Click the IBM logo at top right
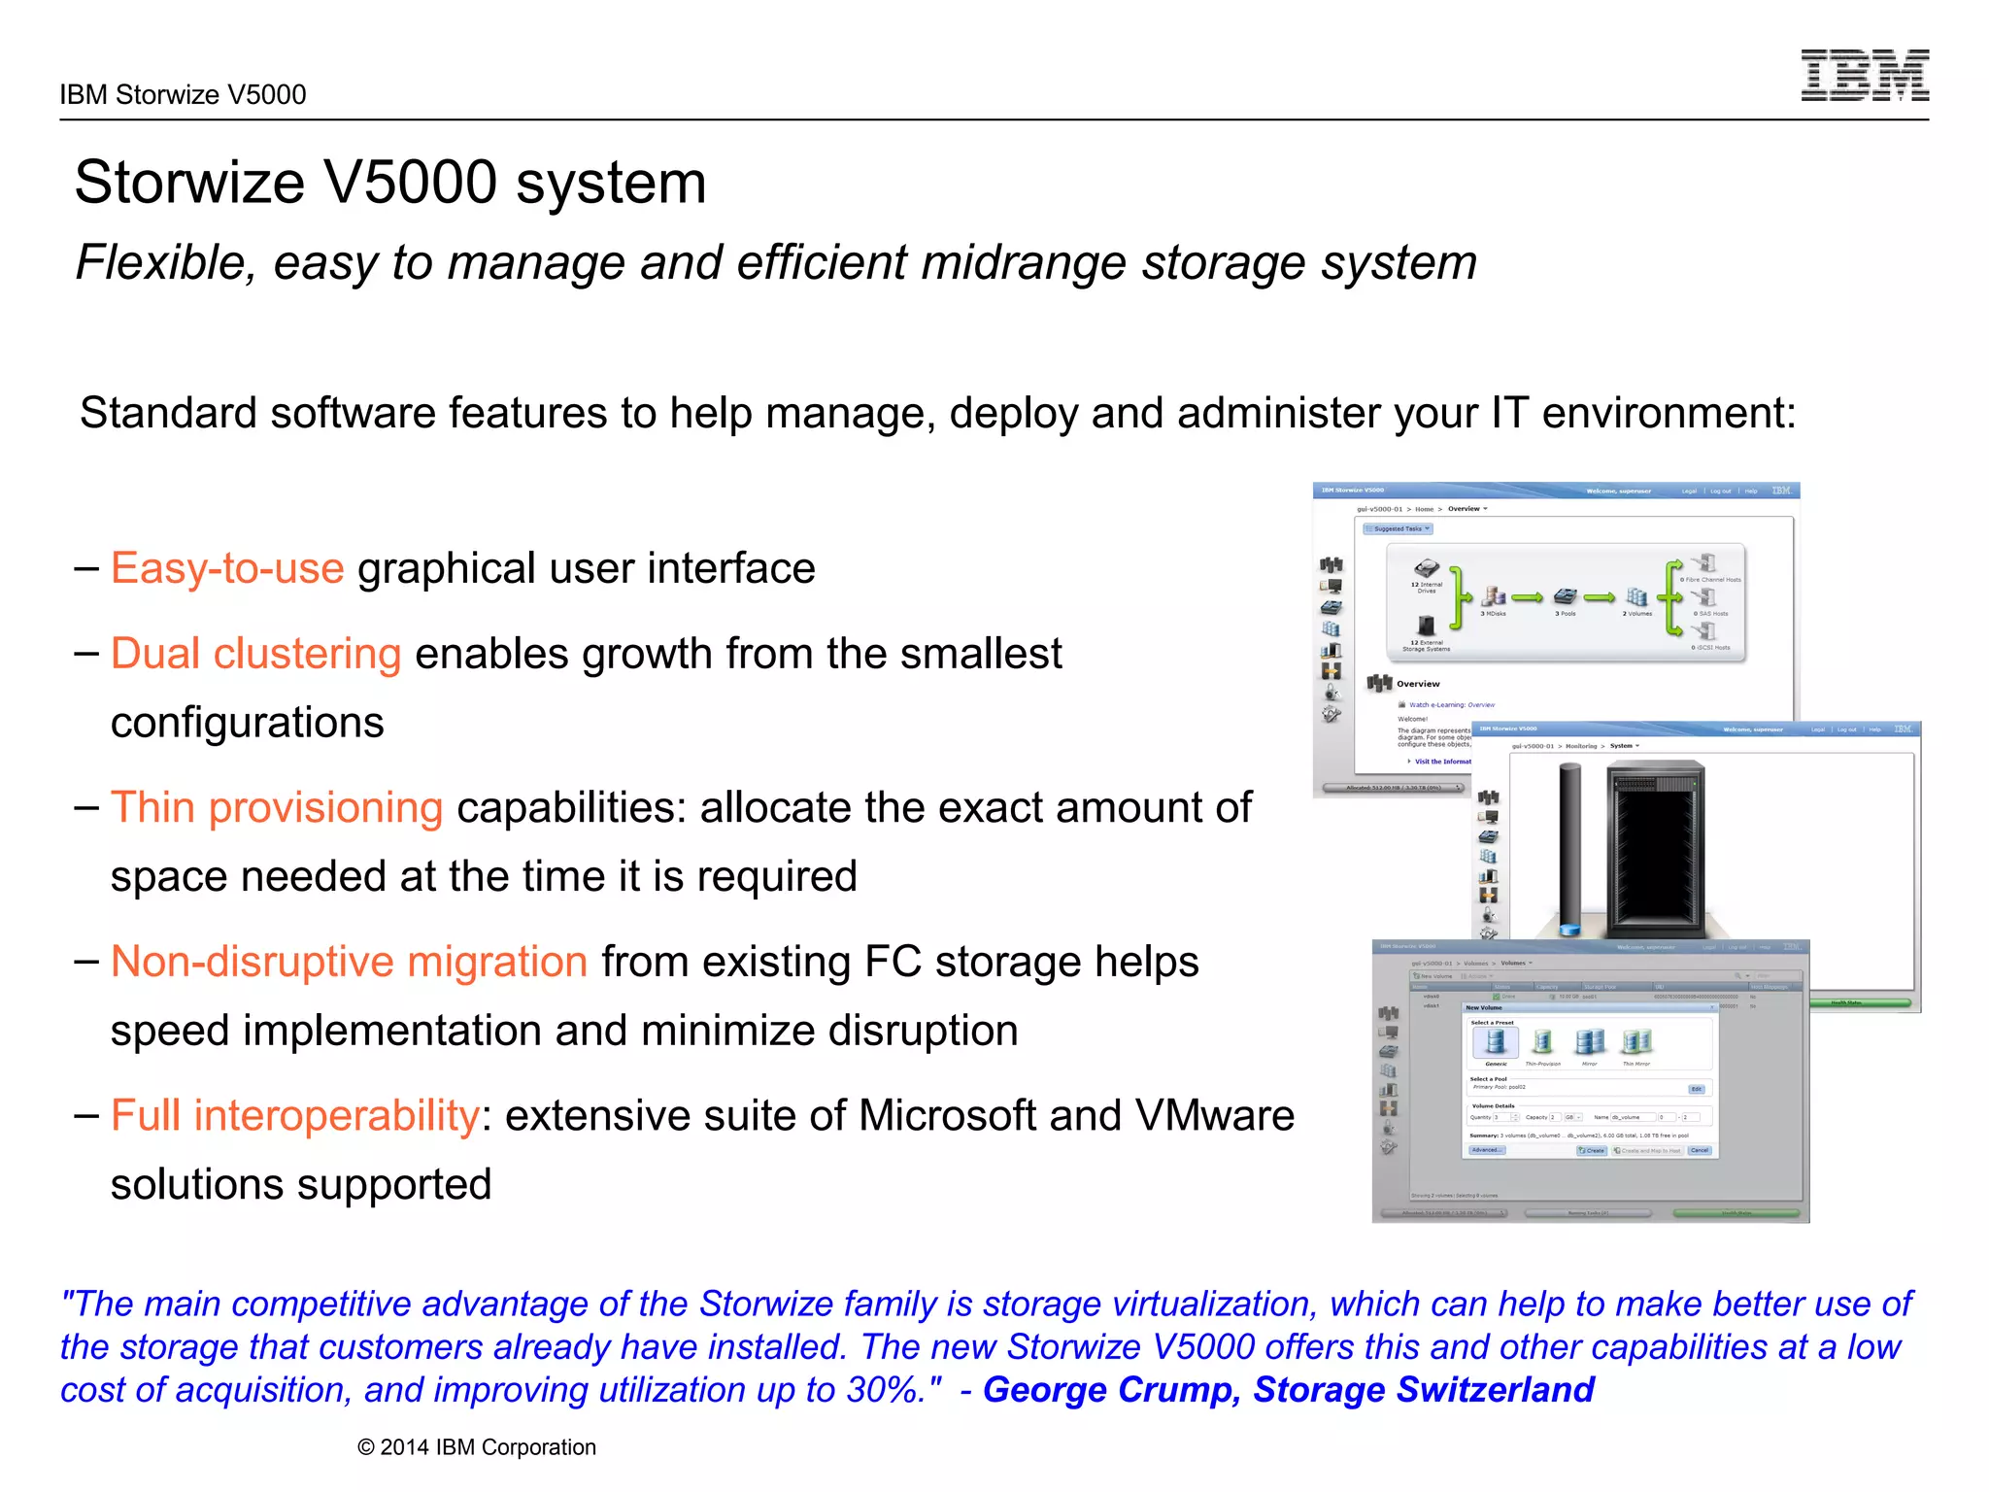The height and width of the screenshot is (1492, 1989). point(1865,75)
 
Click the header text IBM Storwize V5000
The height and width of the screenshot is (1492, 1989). point(183,95)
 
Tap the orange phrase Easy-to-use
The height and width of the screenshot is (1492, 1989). point(227,568)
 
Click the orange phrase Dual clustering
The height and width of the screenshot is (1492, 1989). point(255,654)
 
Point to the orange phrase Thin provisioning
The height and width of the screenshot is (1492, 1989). point(277,807)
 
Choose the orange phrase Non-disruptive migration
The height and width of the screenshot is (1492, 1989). point(349,962)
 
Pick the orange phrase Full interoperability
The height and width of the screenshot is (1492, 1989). point(294,1115)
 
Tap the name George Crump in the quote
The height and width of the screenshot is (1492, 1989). point(1111,1390)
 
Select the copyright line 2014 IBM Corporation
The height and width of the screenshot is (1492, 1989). point(477,1447)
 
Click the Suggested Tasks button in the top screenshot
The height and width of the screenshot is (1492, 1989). point(1398,529)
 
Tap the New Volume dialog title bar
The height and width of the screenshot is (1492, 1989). point(1573,1007)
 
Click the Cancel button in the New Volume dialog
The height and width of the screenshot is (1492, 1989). point(1700,1150)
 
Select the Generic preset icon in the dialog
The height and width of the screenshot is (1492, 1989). point(1496,1043)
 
